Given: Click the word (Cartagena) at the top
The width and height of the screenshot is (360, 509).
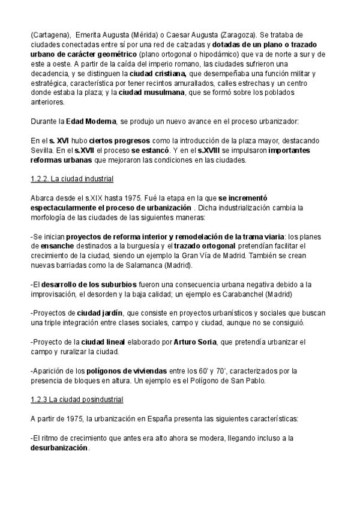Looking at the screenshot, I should coord(49,35).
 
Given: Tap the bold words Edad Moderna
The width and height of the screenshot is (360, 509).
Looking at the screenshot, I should coord(89,121).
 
